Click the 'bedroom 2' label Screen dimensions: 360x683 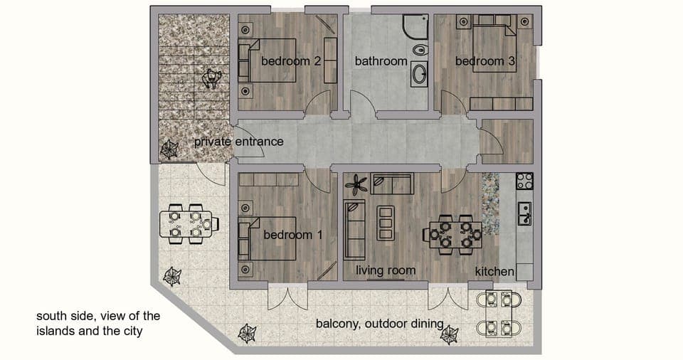pos(290,61)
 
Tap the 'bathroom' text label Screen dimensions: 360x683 pos(381,61)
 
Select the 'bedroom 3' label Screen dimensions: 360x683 pos(485,61)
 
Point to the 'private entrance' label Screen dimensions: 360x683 pos(238,142)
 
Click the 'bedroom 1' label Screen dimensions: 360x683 pos(292,234)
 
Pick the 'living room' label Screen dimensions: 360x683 pos(386,270)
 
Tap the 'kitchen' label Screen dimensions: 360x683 pos(494,271)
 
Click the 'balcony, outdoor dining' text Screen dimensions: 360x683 pos(379,324)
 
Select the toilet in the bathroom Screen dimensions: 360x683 pos(420,50)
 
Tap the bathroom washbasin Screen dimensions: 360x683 pos(419,74)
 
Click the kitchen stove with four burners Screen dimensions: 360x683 pos(524,181)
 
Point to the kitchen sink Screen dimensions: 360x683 pos(525,212)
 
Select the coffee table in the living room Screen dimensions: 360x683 pos(385,223)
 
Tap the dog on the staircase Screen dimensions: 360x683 pos(212,78)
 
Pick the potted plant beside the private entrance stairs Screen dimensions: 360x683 pos(169,149)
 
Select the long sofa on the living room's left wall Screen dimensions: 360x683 pos(353,230)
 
